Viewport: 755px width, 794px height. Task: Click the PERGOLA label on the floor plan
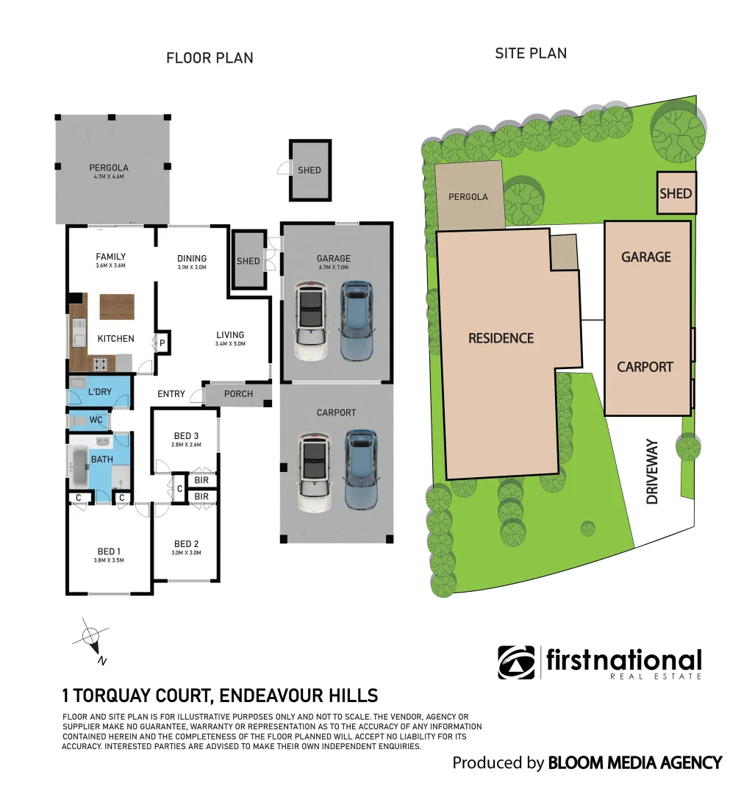click(110, 168)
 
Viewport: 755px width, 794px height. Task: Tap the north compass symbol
click(91, 637)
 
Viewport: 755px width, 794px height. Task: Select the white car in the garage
click(310, 322)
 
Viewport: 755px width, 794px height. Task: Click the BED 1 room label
click(108, 551)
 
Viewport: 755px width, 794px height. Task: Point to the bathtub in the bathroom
click(78, 466)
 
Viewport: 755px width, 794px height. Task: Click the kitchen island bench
click(117, 306)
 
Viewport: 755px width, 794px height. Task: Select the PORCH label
click(238, 394)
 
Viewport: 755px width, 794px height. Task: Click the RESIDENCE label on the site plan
click(501, 338)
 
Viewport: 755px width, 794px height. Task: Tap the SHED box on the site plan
click(676, 193)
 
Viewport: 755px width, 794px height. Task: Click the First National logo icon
click(517, 662)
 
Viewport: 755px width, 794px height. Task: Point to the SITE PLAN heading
click(531, 53)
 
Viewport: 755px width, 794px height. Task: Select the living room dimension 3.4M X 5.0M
click(230, 343)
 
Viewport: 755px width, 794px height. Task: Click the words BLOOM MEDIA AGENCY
click(635, 762)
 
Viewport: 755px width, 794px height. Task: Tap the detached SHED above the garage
click(309, 170)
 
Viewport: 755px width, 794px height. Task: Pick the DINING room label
click(192, 258)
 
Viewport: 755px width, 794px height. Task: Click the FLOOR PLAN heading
click(210, 57)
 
